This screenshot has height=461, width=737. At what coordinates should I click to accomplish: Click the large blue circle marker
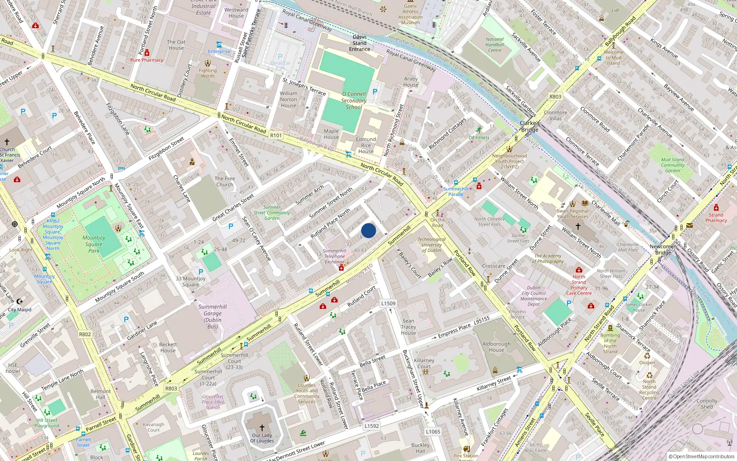[x=368, y=230]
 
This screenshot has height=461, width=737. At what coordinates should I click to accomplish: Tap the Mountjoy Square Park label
[x=94, y=244]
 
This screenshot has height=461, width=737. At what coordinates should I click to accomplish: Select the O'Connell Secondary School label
[x=354, y=100]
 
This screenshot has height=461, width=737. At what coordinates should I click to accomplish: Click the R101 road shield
[x=276, y=136]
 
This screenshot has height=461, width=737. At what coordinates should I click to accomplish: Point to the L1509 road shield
[x=388, y=303]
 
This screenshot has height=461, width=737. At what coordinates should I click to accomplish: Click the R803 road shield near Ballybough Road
[x=556, y=97]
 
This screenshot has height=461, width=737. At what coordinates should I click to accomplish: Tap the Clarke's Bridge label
[x=530, y=126]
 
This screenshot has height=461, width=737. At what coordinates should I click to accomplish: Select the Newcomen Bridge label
[x=663, y=249]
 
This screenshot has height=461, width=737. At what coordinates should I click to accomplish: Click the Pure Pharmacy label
[x=146, y=60]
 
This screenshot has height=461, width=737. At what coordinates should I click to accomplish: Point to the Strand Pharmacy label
[x=716, y=218]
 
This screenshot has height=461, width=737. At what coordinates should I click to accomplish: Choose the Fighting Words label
[x=208, y=73]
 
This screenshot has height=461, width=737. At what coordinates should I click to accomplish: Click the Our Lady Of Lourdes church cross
[x=262, y=428]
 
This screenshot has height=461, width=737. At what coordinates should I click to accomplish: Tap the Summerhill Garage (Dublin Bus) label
[x=212, y=317]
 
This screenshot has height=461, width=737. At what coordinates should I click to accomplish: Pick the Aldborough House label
[x=497, y=347]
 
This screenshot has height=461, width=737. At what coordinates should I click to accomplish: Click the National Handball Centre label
[x=495, y=45]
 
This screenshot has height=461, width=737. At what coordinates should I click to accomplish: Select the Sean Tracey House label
[x=408, y=327]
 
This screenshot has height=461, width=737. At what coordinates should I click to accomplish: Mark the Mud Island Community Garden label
[x=673, y=165]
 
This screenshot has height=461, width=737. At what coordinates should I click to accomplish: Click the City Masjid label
[x=20, y=310]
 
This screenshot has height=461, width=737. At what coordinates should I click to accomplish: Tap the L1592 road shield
[x=372, y=426]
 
